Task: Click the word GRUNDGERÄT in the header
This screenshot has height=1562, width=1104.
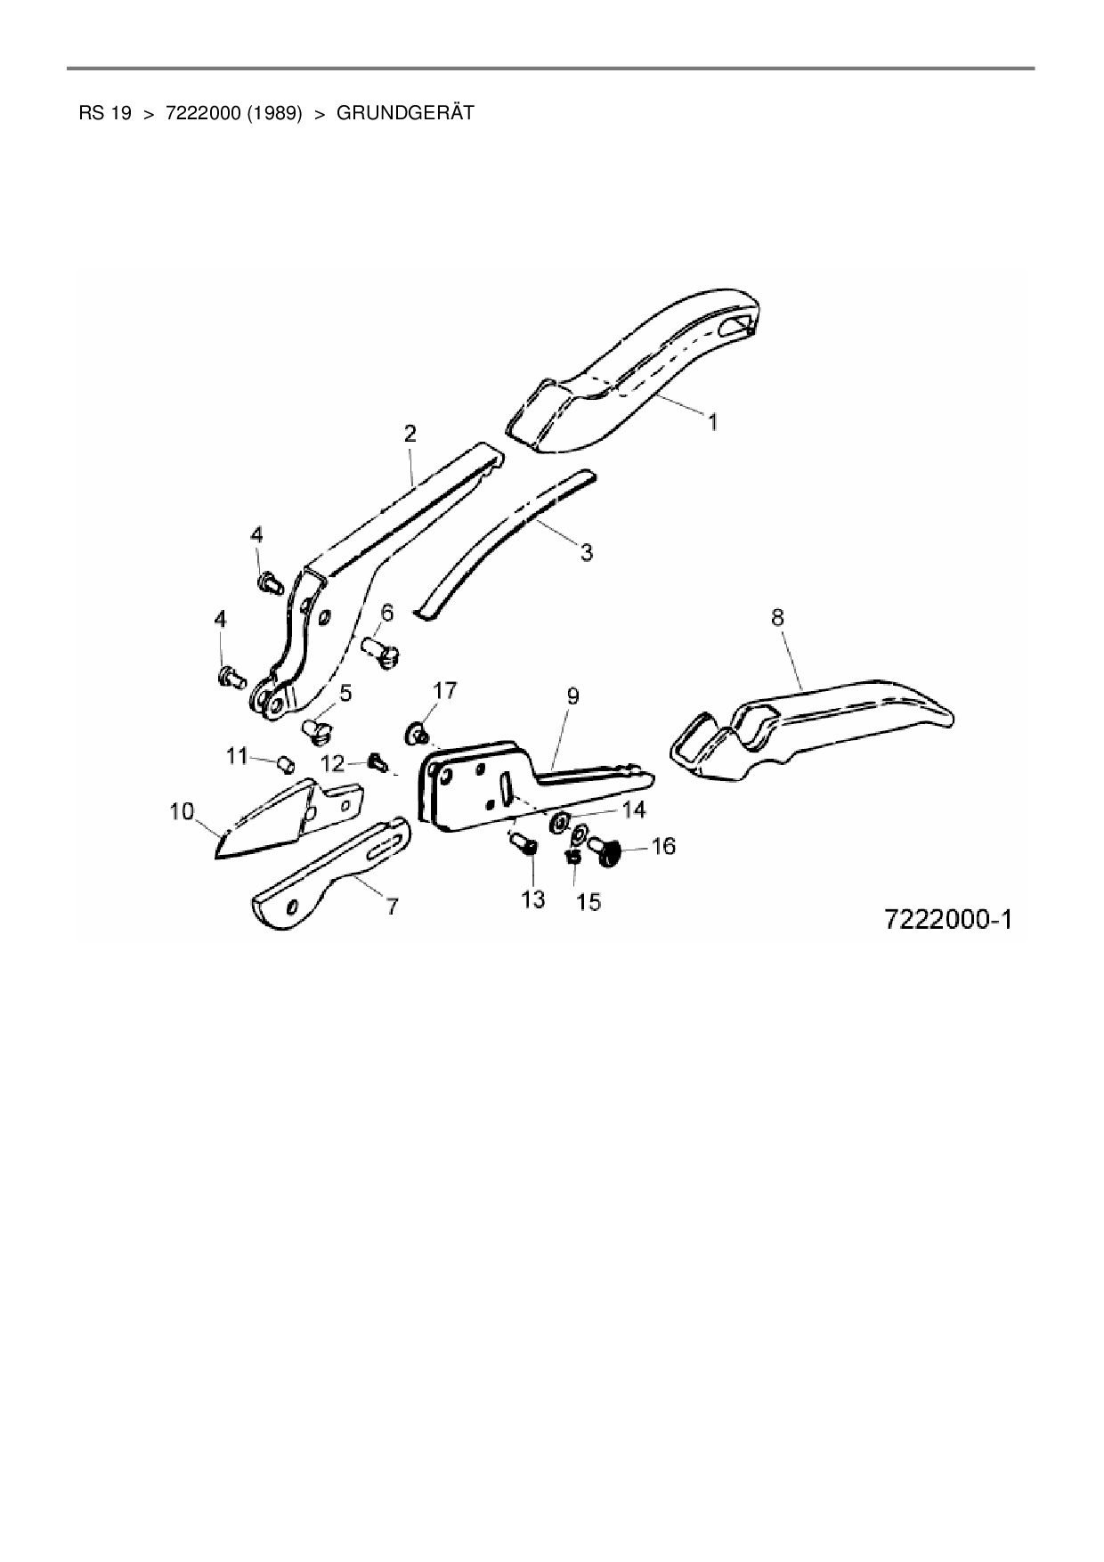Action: (405, 113)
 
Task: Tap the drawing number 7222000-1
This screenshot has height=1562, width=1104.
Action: (948, 918)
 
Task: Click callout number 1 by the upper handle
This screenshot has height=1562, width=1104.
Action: (713, 421)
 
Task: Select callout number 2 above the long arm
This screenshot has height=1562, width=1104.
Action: (410, 434)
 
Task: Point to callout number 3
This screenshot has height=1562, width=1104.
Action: (586, 552)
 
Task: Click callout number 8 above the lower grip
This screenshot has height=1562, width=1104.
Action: (777, 617)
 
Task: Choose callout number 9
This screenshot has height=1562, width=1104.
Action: (572, 696)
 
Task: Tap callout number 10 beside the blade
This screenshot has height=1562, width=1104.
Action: (181, 811)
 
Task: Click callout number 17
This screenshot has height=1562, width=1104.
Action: (445, 689)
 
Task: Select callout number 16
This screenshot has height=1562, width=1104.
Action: (664, 846)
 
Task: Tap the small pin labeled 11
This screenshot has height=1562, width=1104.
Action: (287, 763)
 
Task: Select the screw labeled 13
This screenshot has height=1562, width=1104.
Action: (523, 843)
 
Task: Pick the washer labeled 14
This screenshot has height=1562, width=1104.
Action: (559, 820)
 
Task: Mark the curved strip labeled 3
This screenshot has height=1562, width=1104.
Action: (499, 543)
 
